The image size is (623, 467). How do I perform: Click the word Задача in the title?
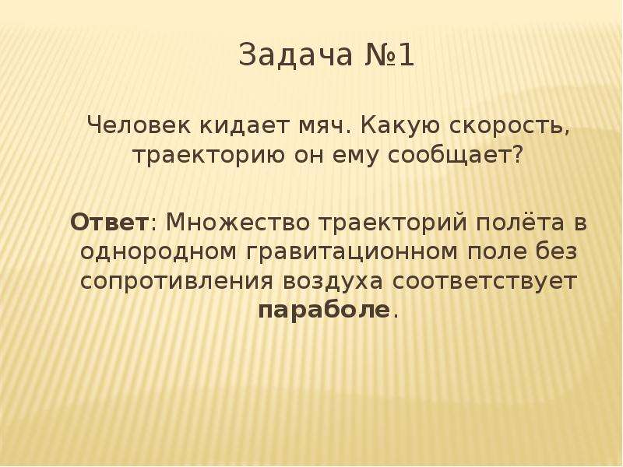click(296, 54)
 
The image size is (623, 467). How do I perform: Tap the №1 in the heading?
click(389, 54)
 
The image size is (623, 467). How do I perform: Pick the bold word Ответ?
click(109, 222)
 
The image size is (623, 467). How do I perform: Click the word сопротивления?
click(177, 282)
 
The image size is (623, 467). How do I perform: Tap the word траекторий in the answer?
click(392, 222)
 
